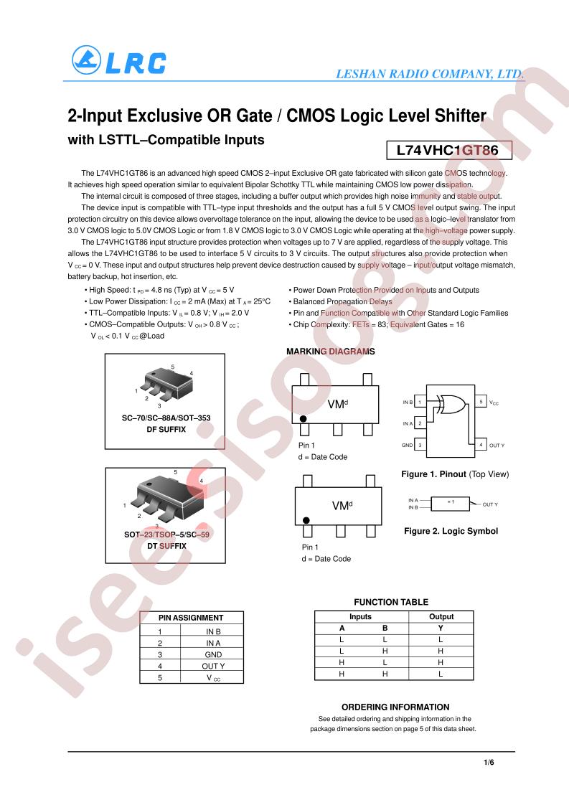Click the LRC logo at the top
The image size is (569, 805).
click(x=119, y=60)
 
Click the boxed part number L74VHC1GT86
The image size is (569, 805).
click(x=449, y=151)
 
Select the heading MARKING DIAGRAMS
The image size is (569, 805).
click(x=331, y=352)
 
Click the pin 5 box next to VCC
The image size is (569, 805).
click(x=481, y=402)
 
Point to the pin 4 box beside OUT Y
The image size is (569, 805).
click(x=481, y=444)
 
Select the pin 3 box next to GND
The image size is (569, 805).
click(x=420, y=445)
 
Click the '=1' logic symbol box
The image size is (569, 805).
click(x=451, y=504)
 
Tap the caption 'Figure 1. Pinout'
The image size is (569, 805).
click(x=433, y=474)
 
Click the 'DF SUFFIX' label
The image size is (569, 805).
click(x=166, y=430)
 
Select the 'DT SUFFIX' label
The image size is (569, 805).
click(x=166, y=546)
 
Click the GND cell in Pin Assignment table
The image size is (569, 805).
click(x=213, y=654)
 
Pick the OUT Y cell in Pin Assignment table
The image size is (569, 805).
click(x=213, y=666)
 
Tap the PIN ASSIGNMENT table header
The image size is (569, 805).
click(x=191, y=618)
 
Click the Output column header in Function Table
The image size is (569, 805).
click(x=441, y=616)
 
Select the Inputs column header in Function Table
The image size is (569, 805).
click(x=360, y=616)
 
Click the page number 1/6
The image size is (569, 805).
click(x=489, y=763)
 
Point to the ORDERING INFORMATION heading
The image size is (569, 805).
click(x=395, y=707)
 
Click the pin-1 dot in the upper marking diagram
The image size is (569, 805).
click(x=303, y=419)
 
